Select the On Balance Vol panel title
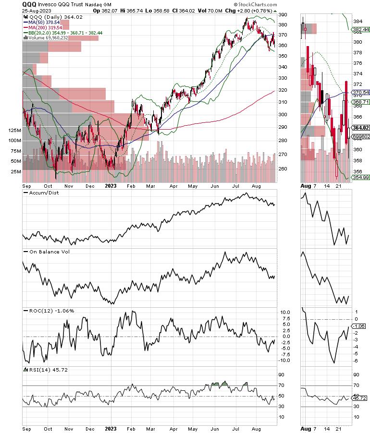click(44, 251)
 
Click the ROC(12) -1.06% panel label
click(48, 311)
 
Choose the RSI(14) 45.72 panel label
click(45, 369)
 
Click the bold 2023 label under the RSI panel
click(111, 428)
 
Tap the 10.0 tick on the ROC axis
click(285, 312)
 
